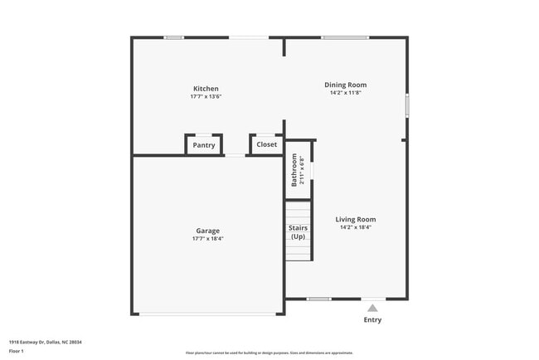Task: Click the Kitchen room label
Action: pyautogui.click(x=206, y=89)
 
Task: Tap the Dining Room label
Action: pyautogui.click(x=345, y=85)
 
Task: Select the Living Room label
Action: pyautogui.click(x=356, y=219)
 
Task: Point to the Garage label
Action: pyautogui.click(x=207, y=231)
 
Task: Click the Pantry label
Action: pyautogui.click(x=204, y=145)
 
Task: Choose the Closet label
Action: pyautogui.click(x=266, y=144)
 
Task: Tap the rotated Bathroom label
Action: pyautogui.click(x=294, y=169)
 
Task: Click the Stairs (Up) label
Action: pyautogui.click(x=298, y=231)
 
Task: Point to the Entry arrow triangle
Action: pyautogui.click(x=372, y=308)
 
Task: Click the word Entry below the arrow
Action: pyautogui.click(x=372, y=319)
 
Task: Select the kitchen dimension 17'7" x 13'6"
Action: pyautogui.click(x=206, y=97)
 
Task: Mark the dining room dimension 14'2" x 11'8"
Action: pyautogui.click(x=345, y=93)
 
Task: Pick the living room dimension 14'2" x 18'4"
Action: pyautogui.click(x=356, y=227)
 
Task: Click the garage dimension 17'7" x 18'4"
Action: pyautogui.click(x=207, y=239)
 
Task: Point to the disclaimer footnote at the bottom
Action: pyautogui.click(x=269, y=353)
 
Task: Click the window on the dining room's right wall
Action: pyautogui.click(x=406, y=106)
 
